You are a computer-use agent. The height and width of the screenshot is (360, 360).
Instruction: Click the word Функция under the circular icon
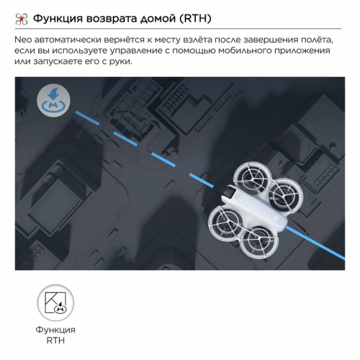click(x=55, y=330)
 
